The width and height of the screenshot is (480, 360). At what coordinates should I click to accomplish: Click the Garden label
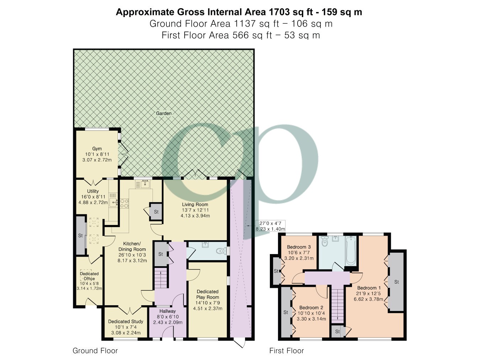coord(164,113)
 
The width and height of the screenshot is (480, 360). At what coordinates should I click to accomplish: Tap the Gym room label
coord(97,149)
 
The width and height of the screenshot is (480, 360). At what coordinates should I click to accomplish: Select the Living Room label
coord(195,204)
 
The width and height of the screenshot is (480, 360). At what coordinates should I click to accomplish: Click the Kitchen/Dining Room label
coord(132,246)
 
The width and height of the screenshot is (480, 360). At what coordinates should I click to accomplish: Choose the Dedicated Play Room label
coord(208,295)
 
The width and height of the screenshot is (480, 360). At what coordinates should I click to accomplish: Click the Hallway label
coord(167,311)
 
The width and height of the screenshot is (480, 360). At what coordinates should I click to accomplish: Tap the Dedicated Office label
coord(89,276)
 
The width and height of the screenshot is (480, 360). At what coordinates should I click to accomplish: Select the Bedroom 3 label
coord(299,247)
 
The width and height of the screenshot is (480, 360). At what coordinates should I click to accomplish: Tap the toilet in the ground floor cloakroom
coord(222,251)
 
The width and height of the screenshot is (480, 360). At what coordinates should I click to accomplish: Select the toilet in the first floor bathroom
coord(324,242)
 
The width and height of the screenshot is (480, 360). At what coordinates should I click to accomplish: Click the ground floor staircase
coord(160,279)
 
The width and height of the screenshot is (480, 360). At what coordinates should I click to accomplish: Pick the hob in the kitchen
coord(125,203)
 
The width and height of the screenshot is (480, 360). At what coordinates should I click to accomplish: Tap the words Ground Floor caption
coord(95,351)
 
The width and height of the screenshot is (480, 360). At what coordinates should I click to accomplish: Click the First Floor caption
coord(286,351)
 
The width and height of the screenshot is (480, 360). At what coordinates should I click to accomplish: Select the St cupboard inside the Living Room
coord(156,212)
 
